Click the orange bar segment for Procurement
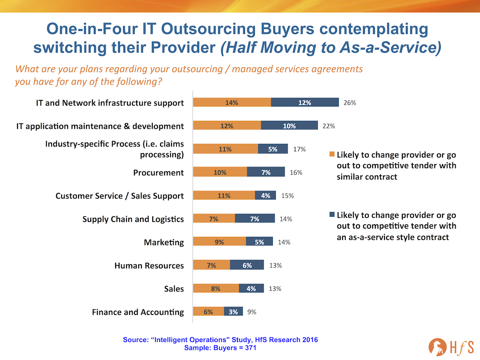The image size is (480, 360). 220,172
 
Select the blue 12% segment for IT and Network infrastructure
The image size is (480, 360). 305,103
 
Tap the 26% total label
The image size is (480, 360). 350,103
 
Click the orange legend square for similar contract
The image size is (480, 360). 332,154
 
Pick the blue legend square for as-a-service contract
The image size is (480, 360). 332,215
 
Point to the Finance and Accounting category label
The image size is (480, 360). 138,312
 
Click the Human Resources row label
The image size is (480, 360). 149,265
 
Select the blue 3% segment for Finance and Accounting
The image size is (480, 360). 233,312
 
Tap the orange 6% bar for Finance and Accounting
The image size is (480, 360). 209,312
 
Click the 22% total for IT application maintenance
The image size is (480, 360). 329,126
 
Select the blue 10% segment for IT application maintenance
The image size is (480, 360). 289,126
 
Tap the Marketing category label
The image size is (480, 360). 164,242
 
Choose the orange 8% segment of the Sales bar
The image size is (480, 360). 216,288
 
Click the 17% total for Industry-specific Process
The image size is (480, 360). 299,149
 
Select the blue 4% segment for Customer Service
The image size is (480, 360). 265,195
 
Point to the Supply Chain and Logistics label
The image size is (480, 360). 133,219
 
